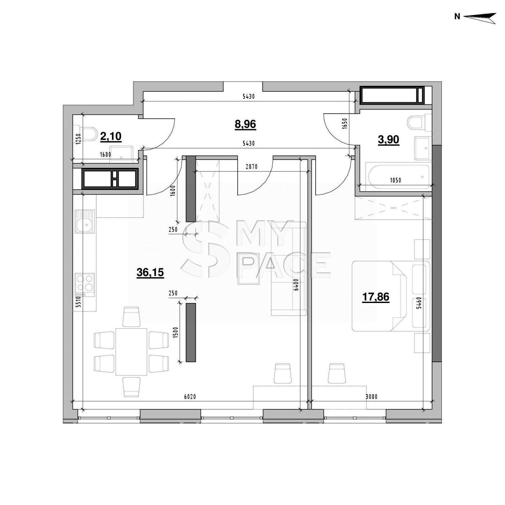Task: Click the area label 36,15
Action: pos(150,273)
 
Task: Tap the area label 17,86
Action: pos(375,297)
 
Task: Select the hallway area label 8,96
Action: pos(245,124)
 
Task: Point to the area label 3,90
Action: pos(388,140)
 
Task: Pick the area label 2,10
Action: pos(111,136)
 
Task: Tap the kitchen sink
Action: pos(85,221)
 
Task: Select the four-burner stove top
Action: pos(85,285)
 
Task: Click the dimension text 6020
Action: pos(190,397)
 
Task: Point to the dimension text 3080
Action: pos(371,397)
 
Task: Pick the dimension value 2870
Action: pos(252,167)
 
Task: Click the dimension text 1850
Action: pos(396,180)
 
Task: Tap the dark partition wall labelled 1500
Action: pos(191,332)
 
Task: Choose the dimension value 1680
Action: pos(105,154)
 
